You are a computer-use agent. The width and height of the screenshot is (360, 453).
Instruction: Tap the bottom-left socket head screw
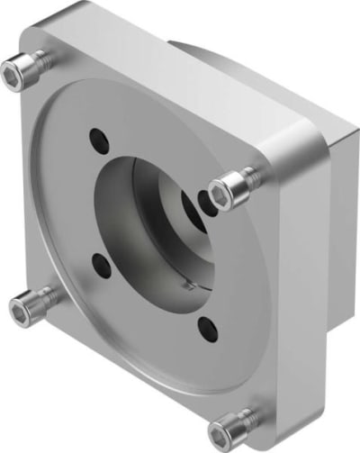pyautogui.click(x=22, y=311)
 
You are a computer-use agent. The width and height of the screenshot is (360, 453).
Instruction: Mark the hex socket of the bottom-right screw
pyautogui.click(x=238, y=421)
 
